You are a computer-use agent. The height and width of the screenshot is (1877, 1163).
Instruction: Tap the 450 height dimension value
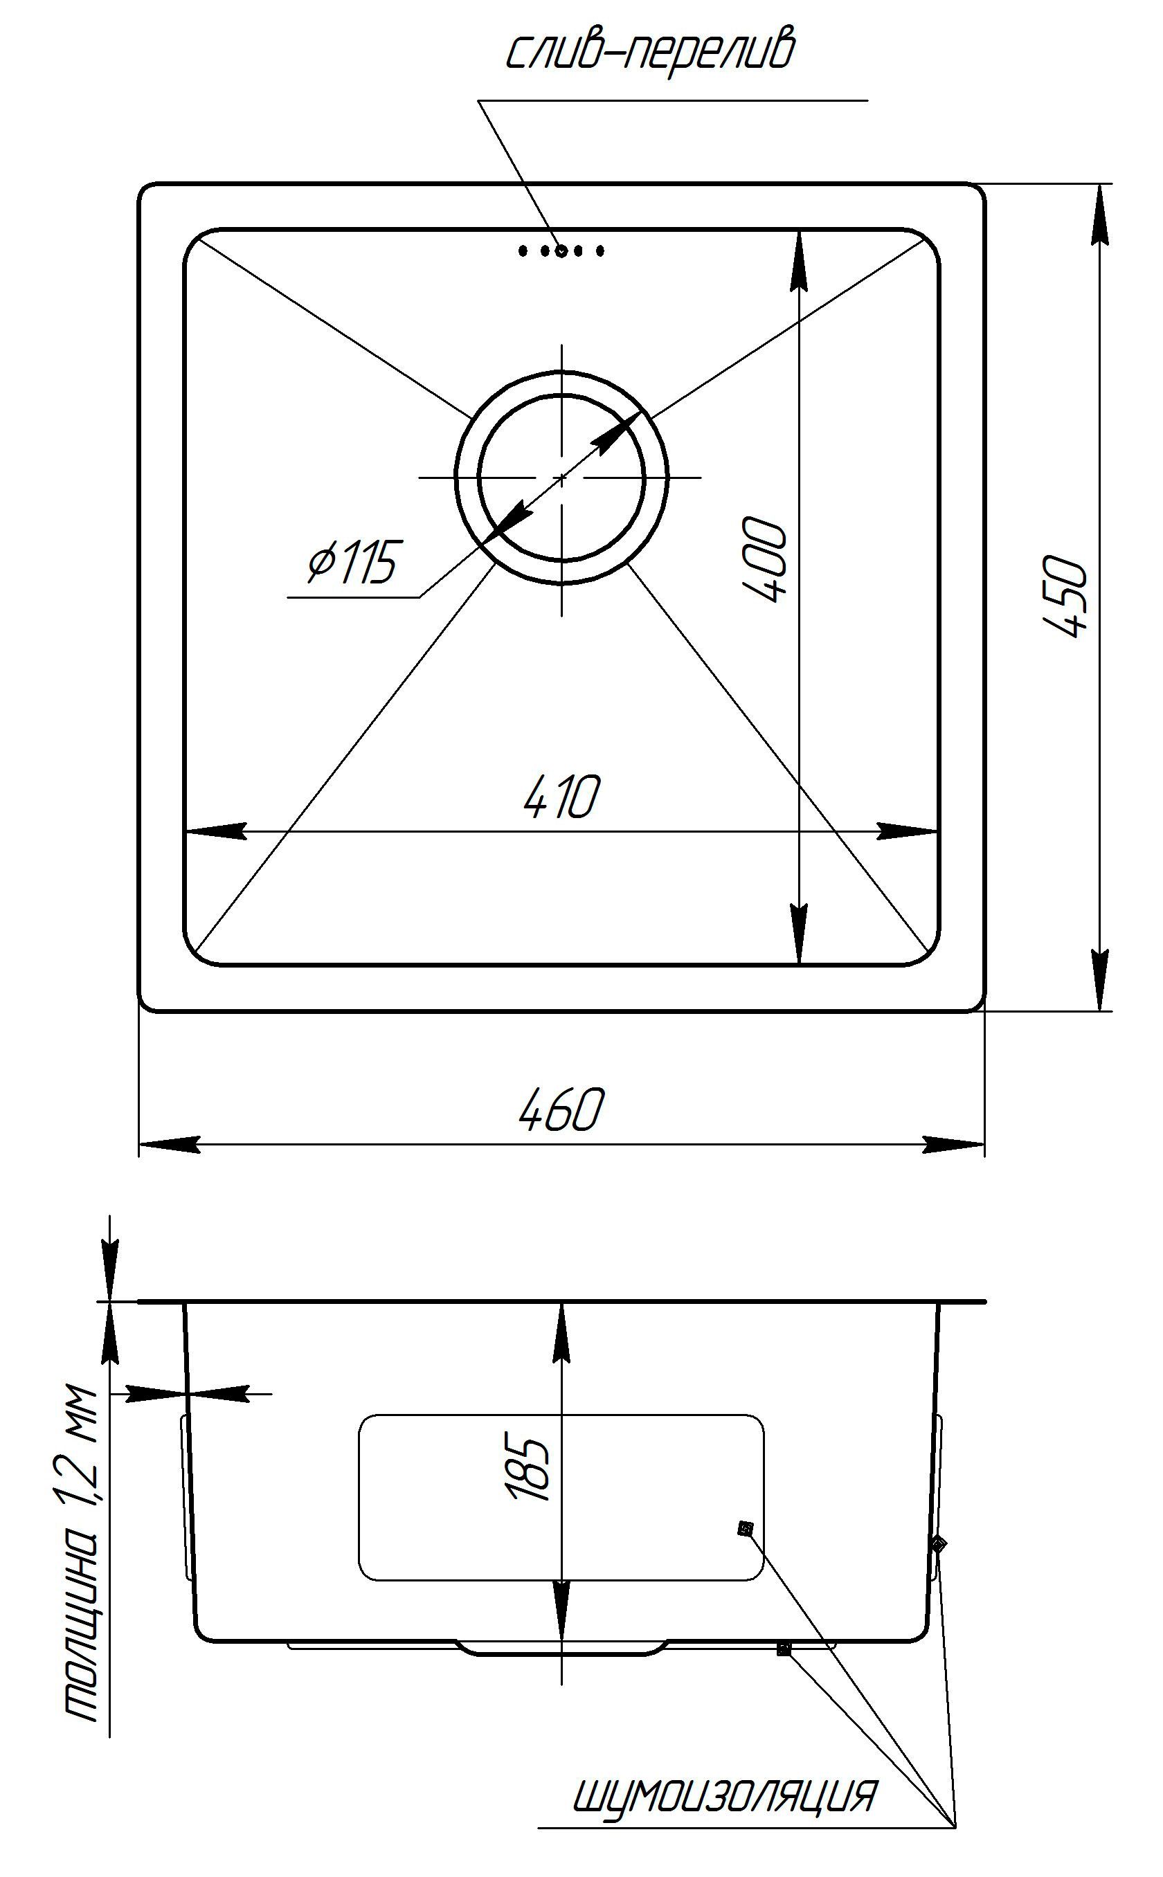1067,597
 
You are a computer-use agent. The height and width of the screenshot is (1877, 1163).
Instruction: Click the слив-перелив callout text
651,51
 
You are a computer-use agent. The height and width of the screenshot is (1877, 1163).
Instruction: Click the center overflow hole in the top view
561,250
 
